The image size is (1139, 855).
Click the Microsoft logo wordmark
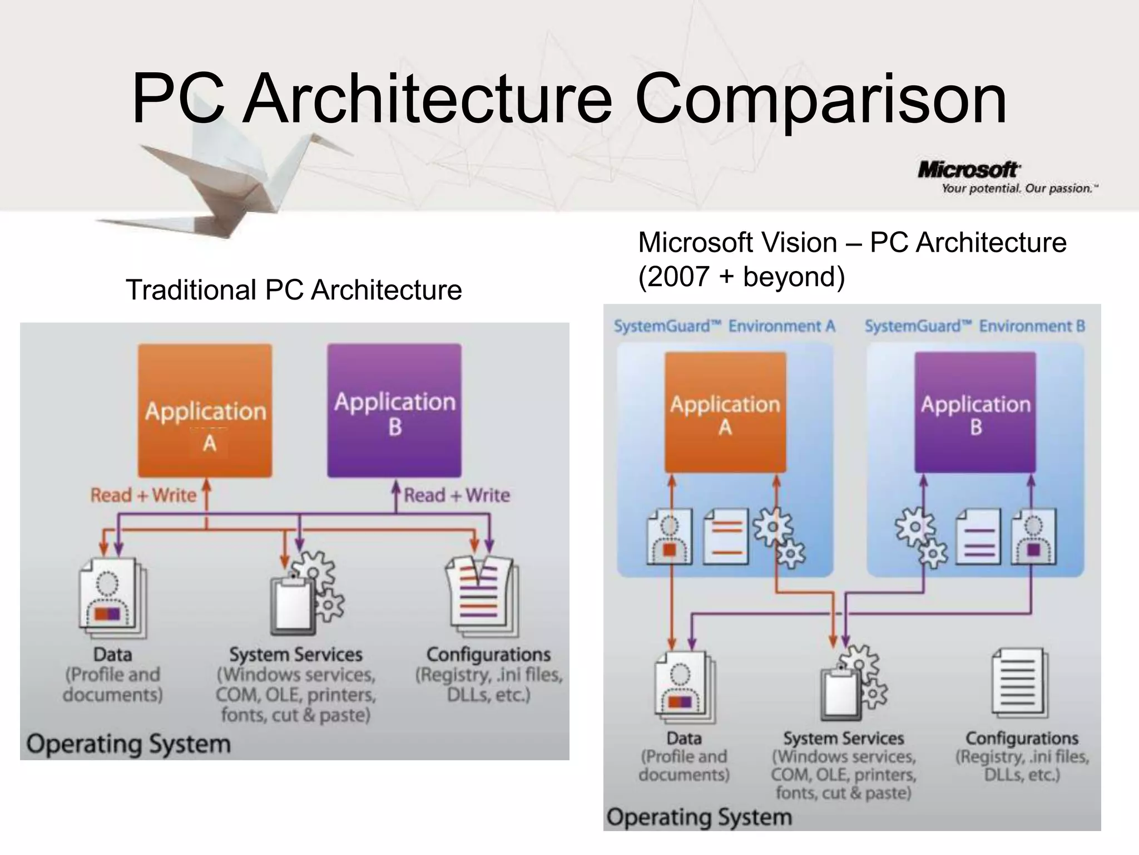point(968,170)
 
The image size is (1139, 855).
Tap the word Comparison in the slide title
point(820,99)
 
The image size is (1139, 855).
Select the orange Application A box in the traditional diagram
point(205,411)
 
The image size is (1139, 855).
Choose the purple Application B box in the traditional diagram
point(394,411)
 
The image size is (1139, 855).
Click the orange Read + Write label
point(143,495)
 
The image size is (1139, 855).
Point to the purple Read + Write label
point(457,495)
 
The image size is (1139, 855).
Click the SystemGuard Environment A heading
point(724,326)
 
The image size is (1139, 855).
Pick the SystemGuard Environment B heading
point(974,326)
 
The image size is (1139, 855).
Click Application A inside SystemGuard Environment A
point(725,413)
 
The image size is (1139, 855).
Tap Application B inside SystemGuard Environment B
point(975,413)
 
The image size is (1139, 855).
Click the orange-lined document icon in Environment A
point(726,537)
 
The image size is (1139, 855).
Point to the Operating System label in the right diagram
point(699,817)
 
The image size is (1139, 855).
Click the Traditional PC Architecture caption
point(294,290)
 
